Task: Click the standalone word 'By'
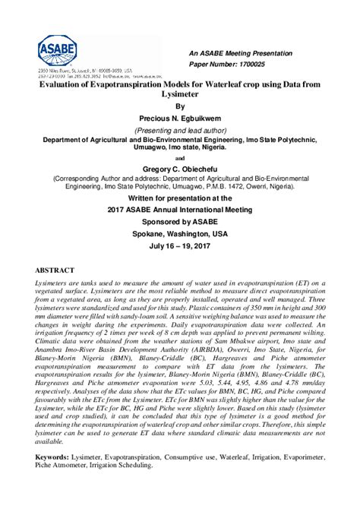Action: click(x=179, y=107)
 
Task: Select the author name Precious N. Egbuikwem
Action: click(x=179, y=119)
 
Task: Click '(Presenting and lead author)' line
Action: click(x=179, y=131)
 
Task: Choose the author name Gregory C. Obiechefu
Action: click(x=179, y=168)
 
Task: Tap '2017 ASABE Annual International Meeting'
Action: click(x=179, y=209)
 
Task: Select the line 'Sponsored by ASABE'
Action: click(x=179, y=221)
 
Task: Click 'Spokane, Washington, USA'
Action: click(x=179, y=234)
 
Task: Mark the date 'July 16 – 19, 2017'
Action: click(x=179, y=248)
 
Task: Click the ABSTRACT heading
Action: click(x=55, y=270)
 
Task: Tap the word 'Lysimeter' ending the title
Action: click(x=179, y=97)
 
